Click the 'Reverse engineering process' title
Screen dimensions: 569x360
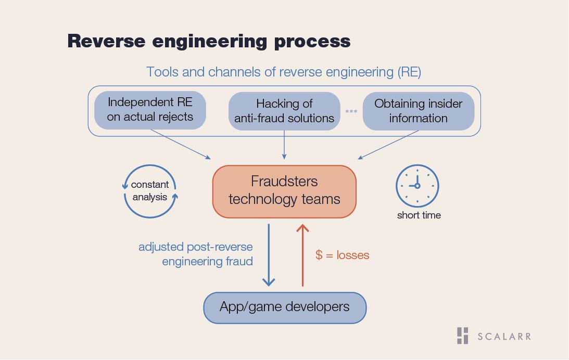coord(209,41)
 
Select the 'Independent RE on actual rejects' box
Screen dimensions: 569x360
coord(150,110)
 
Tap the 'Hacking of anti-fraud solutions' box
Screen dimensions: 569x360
coord(284,111)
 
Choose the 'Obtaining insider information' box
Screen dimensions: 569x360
coord(419,111)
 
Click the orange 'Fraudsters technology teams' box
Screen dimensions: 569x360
coord(284,191)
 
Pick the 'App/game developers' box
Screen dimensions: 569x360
coord(285,307)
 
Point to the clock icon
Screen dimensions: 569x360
coord(418,186)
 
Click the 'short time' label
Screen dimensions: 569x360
coord(419,215)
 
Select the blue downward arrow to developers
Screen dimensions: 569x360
coord(269,255)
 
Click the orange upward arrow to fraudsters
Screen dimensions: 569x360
coord(302,255)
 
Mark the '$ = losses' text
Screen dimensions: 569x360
coord(342,255)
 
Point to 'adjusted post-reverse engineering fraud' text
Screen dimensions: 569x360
coord(196,254)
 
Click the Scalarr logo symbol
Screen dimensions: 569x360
coord(462,336)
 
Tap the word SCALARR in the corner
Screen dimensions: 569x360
coord(504,337)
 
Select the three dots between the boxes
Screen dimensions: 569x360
coord(351,111)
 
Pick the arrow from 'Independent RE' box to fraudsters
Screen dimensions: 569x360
coord(180,144)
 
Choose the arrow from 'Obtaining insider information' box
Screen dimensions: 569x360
coord(388,145)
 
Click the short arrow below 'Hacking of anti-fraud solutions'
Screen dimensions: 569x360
coord(284,145)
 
